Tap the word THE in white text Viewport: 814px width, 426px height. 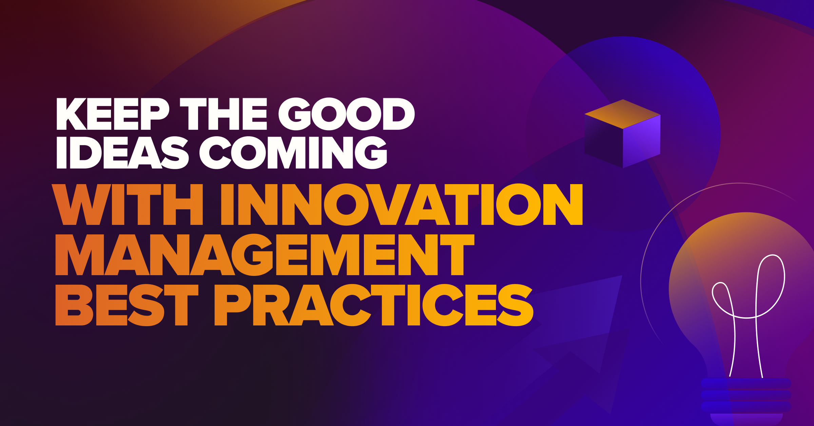click(x=224, y=114)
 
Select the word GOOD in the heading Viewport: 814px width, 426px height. click(x=346, y=114)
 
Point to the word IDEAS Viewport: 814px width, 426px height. click(x=122, y=153)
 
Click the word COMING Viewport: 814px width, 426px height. click(x=293, y=153)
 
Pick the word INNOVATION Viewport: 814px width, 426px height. click(x=402, y=205)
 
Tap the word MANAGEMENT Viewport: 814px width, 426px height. click(x=265, y=255)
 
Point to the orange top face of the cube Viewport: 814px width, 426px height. click(x=623, y=114)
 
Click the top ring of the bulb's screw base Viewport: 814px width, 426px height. click(x=746, y=383)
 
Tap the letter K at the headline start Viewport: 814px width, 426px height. click(x=72, y=114)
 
